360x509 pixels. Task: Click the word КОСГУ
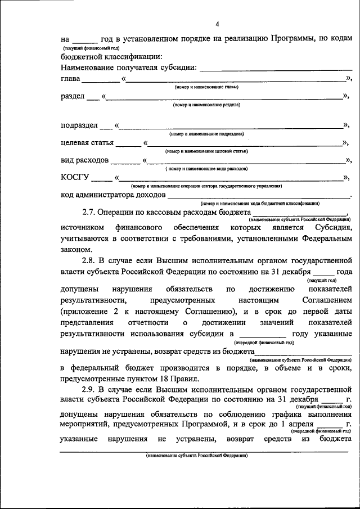[x=75, y=178]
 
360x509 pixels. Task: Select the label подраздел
[x=79, y=125]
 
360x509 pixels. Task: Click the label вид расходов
[x=84, y=160]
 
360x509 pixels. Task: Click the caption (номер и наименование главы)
[x=206, y=87]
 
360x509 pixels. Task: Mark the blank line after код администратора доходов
[x=259, y=195]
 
